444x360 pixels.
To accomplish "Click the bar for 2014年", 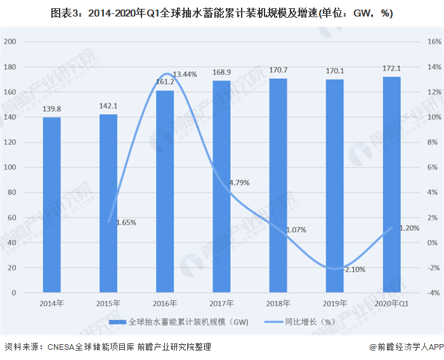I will coord(52,205).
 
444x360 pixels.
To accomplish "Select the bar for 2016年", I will coord(165,192).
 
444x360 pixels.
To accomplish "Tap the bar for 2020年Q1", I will coord(391,185).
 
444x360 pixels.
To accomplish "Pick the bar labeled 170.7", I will coord(278,186).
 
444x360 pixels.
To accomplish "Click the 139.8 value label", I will coord(52,110).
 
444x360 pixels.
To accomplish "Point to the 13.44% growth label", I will coord(185,75).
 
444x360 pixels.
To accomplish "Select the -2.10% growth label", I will coord(354,269).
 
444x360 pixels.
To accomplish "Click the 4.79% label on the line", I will coord(239,183).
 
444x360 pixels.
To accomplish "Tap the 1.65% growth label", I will coord(126,223).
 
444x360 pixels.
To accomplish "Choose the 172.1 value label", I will coord(391,69).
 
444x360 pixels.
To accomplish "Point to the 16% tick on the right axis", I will coord(434,42).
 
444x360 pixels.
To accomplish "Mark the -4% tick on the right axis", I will coord(434,293).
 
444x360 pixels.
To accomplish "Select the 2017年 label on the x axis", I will coord(221,303).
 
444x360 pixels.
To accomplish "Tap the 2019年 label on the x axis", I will coord(335,303).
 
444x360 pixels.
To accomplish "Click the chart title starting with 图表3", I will coord(221,13).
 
